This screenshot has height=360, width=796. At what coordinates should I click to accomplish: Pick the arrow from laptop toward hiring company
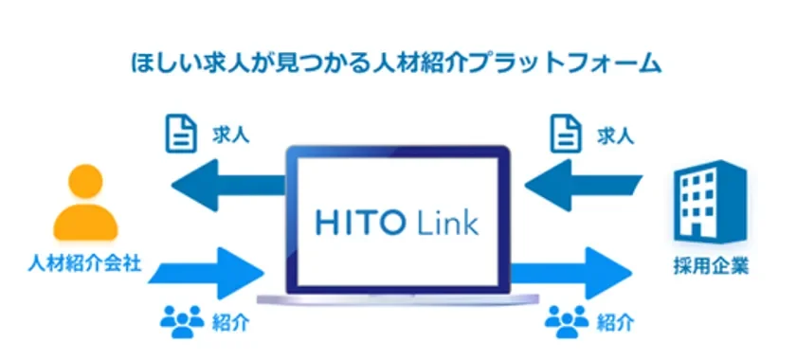tap(578, 271)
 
